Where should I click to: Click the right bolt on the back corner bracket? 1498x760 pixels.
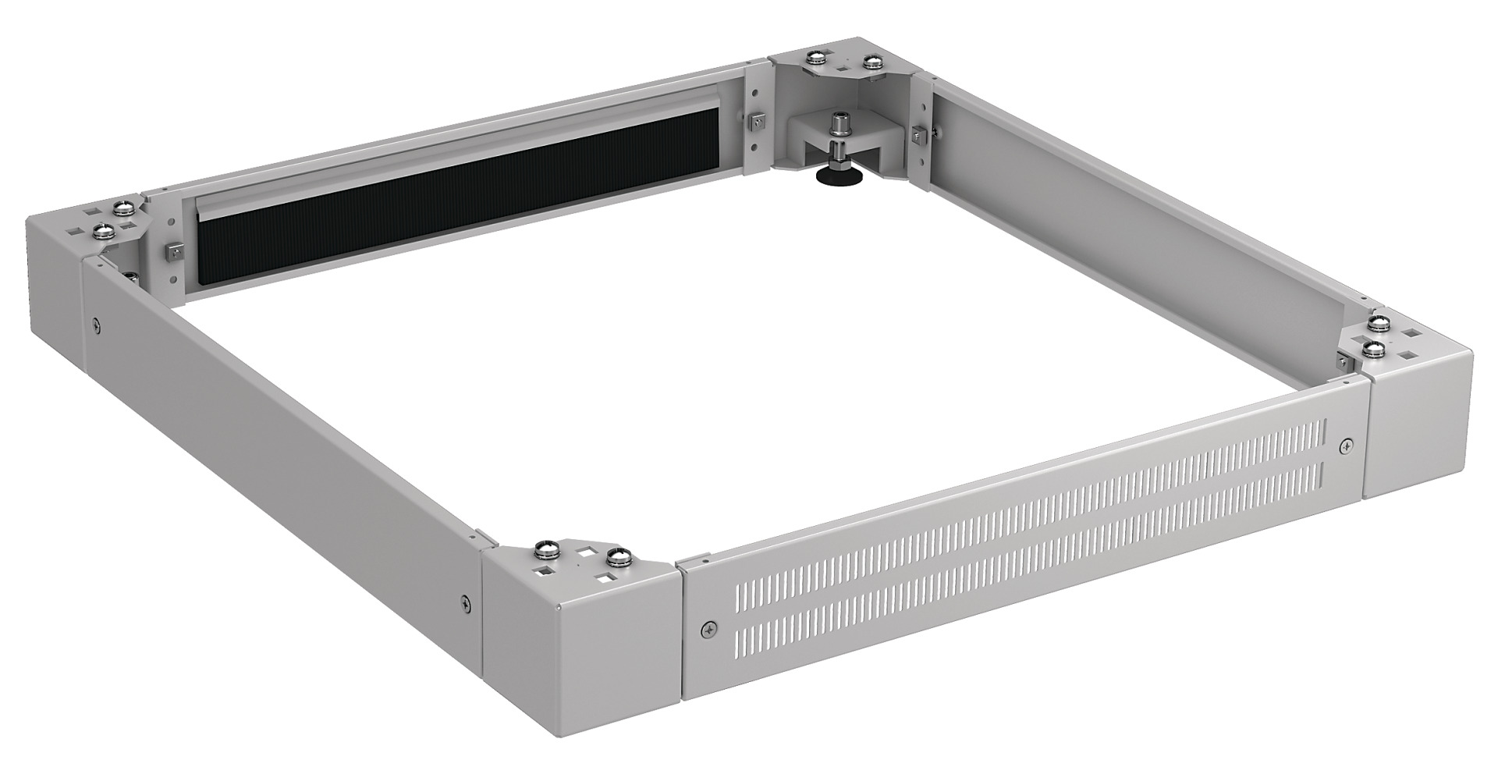pyautogui.click(x=871, y=61)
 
